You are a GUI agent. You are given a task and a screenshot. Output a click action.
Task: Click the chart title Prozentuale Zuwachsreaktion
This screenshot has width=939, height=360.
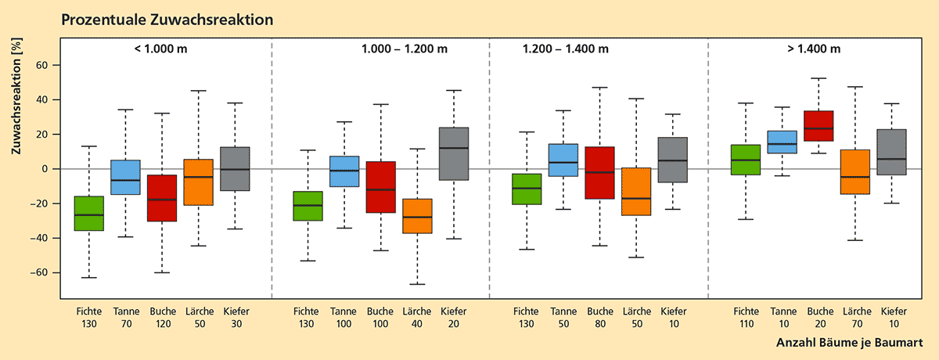coord(167,20)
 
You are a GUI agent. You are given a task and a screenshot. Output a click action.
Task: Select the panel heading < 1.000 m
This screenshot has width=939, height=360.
coord(160,49)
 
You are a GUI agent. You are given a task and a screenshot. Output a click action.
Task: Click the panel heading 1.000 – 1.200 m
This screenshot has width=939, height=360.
coord(404,49)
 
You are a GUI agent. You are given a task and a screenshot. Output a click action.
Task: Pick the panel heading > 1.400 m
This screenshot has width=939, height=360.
coord(814,49)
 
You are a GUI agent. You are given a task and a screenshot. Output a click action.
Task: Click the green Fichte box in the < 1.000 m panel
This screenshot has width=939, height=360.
coord(88,213)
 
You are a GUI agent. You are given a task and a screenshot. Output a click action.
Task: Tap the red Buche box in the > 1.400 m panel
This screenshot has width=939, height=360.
coord(819,126)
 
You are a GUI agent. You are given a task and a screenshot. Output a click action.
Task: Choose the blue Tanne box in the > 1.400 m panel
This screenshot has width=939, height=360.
coord(782,142)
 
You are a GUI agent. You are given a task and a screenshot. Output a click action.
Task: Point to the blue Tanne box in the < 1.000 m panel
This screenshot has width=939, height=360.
coord(125,177)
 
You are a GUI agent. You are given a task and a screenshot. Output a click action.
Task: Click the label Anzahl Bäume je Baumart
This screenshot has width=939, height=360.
coord(848,343)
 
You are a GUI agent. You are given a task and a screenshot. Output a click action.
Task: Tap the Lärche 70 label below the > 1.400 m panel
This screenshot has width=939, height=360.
coord(856,317)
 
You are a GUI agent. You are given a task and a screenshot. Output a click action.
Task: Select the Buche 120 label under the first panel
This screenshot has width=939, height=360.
coord(162,317)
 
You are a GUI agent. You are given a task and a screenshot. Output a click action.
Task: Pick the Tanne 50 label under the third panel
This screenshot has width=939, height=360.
coord(563,317)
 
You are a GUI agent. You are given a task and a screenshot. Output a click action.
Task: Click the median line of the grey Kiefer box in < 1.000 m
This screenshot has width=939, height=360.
coord(235,169)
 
